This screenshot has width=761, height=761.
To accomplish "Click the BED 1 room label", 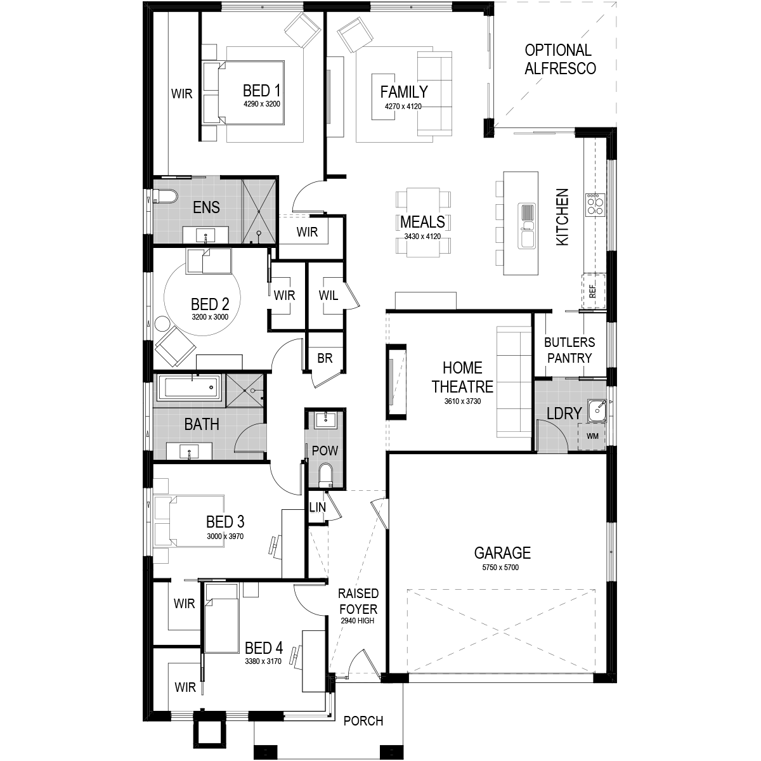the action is click(x=261, y=91).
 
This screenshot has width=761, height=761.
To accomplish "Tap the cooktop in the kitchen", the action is click(x=594, y=204).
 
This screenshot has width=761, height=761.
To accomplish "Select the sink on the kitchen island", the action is click(x=526, y=226).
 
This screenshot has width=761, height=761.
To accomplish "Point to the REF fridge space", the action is click(x=593, y=292).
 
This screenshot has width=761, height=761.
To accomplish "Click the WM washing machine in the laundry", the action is click(x=592, y=436).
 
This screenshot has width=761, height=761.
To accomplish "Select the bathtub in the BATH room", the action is click(x=189, y=387).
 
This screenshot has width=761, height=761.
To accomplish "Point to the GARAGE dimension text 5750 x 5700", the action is click(x=500, y=568).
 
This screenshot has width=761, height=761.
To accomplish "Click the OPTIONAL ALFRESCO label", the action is click(x=560, y=59).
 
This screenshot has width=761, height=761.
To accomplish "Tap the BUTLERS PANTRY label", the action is click(x=569, y=350).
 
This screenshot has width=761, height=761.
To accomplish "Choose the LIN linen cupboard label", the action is click(x=318, y=507).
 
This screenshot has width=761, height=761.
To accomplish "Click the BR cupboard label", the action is click(x=325, y=358).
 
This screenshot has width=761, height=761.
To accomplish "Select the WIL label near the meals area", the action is click(x=328, y=295).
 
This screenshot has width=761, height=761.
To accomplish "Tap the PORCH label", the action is click(x=363, y=721).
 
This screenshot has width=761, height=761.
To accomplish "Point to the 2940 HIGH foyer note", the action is click(x=358, y=620).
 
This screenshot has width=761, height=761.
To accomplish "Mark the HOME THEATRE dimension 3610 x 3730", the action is click(x=462, y=401).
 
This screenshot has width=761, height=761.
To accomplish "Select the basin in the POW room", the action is click(x=325, y=419).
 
